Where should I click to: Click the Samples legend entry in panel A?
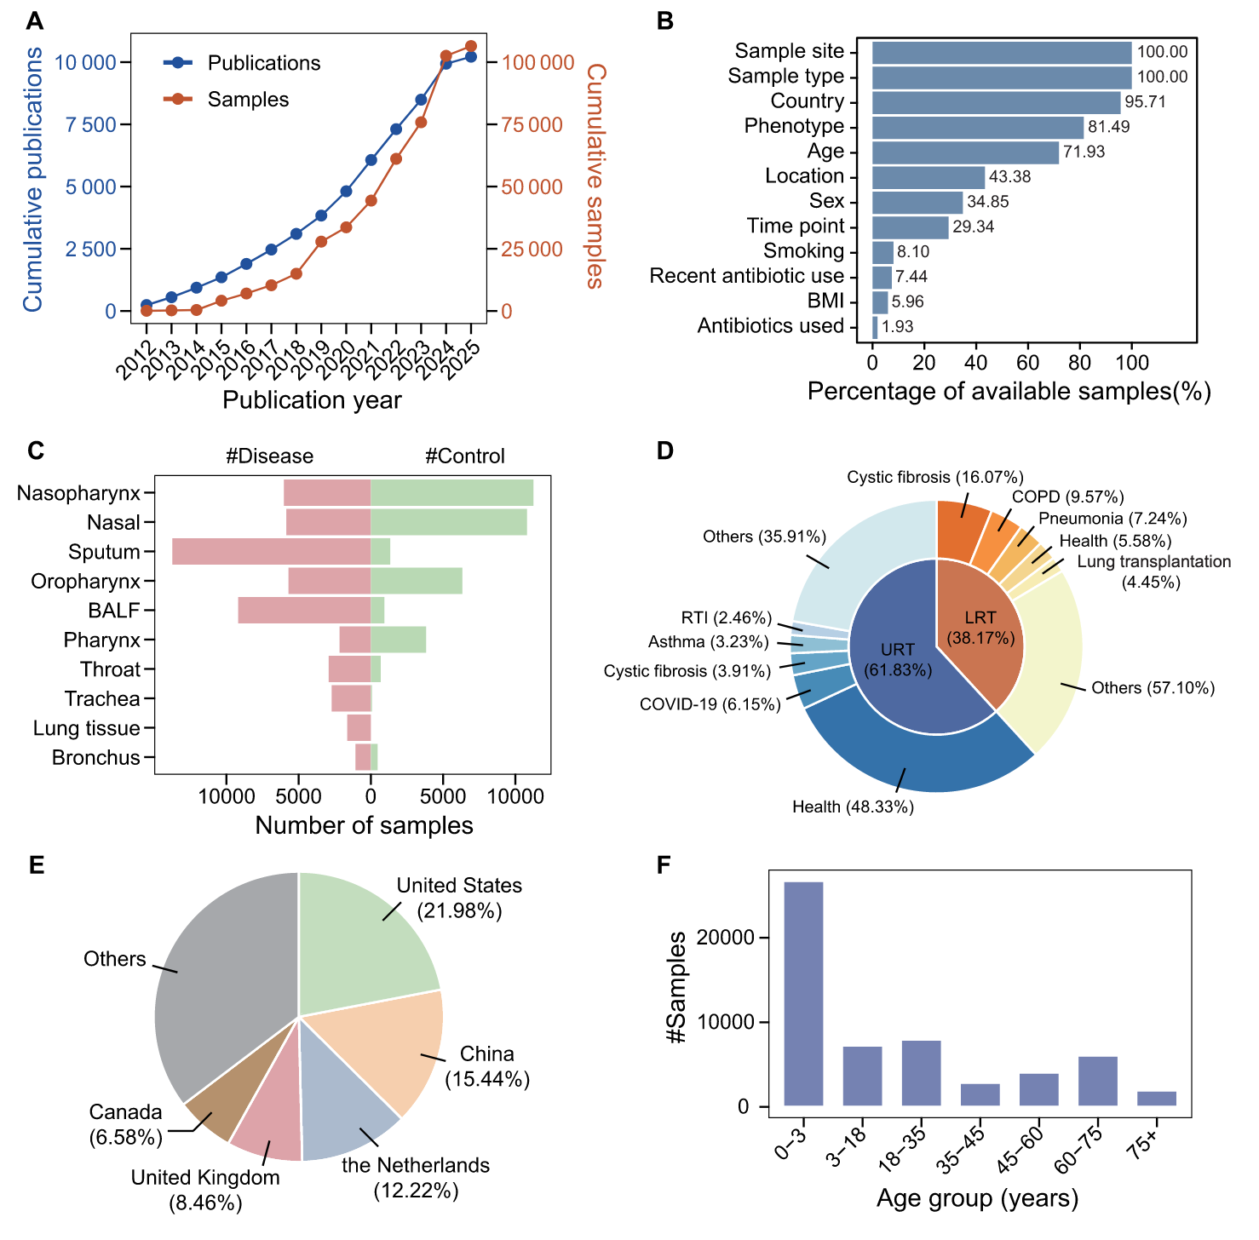pyautogui.click(x=247, y=100)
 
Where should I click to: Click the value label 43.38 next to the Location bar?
pyautogui.click(x=1009, y=177)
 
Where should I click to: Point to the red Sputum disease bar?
pyautogui.click(x=271, y=552)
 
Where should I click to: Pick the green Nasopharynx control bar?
pyautogui.click(x=451, y=493)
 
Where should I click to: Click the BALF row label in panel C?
pyautogui.click(x=113, y=611)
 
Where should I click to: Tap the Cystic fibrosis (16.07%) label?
pyautogui.click(x=934, y=478)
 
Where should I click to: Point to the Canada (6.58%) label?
pyautogui.click(x=125, y=1124)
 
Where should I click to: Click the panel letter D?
pyautogui.click(x=665, y=451)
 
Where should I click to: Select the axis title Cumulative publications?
pyautogui.click(x=32, y=180)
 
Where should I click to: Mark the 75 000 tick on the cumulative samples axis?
pyautogui.click(x=532, y=125)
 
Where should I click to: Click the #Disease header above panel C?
pyautogui.click(x=269, y=456)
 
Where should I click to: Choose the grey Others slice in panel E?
pyautogui.click(x=221, y=979)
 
